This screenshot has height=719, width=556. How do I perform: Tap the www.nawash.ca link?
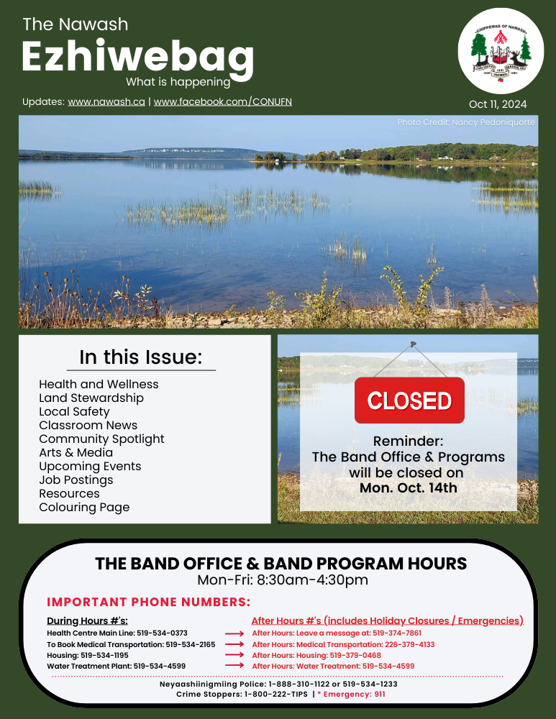(x=106, y=102)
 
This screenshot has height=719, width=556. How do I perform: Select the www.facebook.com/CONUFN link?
(x=223, y=102)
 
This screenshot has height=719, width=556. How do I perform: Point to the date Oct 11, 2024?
(x=498, y=105)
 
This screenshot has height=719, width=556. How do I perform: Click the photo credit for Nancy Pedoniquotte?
(x=466, y=123)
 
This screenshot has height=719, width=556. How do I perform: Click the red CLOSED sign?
(x=409, y=400)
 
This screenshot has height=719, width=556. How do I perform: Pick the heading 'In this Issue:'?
(x=141, y=357)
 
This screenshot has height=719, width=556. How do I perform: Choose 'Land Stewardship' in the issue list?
(x=91, y=398)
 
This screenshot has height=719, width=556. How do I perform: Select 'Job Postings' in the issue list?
(x=76, y=480)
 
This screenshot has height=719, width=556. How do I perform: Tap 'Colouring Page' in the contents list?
(x=84, y=507)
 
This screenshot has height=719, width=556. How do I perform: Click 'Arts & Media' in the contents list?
(x=76, y=452)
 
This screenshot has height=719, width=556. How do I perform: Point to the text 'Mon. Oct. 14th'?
(x=408, y=487)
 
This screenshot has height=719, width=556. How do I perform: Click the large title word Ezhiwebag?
(x=137, y=57)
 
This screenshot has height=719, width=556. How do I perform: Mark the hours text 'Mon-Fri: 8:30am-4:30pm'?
(x=283, y=580)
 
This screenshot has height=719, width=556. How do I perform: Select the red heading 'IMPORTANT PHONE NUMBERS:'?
(x=148, y=602)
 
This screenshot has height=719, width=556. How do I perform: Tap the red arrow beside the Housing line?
(x=235, y=655)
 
